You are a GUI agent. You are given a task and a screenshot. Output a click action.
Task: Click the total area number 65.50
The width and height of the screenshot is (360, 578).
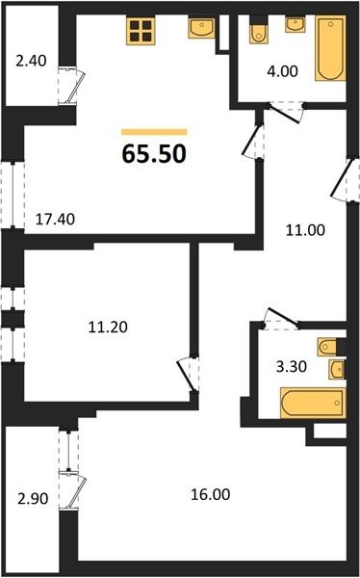[x=154, y=154]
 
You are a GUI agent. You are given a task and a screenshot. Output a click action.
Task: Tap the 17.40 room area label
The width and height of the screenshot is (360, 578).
[x=55, y=220]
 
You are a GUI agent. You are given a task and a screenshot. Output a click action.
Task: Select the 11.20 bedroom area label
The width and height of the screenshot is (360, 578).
[x=108, y=327]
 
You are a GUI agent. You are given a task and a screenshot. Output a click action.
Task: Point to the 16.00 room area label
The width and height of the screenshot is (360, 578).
[x=211, y=494]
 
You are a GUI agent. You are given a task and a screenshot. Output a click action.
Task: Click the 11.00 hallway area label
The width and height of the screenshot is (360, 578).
[x=306, y=230]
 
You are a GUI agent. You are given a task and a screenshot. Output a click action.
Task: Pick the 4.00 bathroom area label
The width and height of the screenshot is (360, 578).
[x=283, y=70]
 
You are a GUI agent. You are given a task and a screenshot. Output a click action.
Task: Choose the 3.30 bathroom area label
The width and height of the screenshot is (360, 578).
[x=292, y=367]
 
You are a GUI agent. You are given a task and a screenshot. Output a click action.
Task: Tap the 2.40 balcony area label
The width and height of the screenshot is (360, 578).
[x=32, y=61]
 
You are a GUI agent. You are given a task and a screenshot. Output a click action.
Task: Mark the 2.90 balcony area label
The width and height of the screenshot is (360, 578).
[x=33, y=499]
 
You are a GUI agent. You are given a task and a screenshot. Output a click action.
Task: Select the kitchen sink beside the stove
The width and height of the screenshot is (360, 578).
[x=201, y=28]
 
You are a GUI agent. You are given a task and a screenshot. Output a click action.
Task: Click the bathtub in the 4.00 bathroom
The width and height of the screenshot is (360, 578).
[x=330, y=48]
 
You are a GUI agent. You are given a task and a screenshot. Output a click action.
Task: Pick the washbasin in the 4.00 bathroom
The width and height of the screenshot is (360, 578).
[x=296, y=25]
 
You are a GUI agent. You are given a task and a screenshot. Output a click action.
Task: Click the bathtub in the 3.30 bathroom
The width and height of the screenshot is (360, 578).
[x=313, y=403]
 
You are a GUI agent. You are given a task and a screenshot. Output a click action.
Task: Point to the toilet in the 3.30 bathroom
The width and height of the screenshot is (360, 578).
[x=327, y=347]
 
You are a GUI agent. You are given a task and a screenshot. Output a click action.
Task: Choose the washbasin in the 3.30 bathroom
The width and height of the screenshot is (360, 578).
[x=337, y=369]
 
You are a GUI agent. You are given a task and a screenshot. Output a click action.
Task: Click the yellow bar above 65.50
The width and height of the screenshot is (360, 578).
[x=154, y=132]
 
